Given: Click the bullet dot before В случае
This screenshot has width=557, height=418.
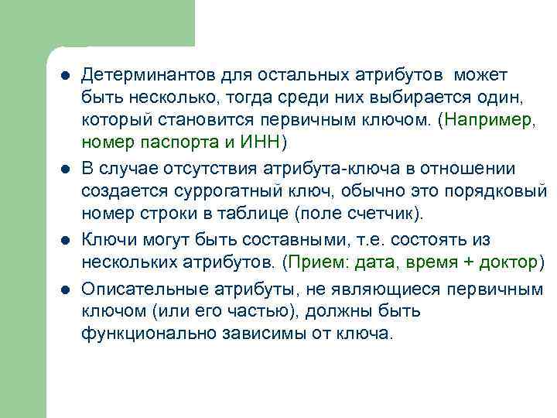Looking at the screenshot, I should click(x=65, y=169).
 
